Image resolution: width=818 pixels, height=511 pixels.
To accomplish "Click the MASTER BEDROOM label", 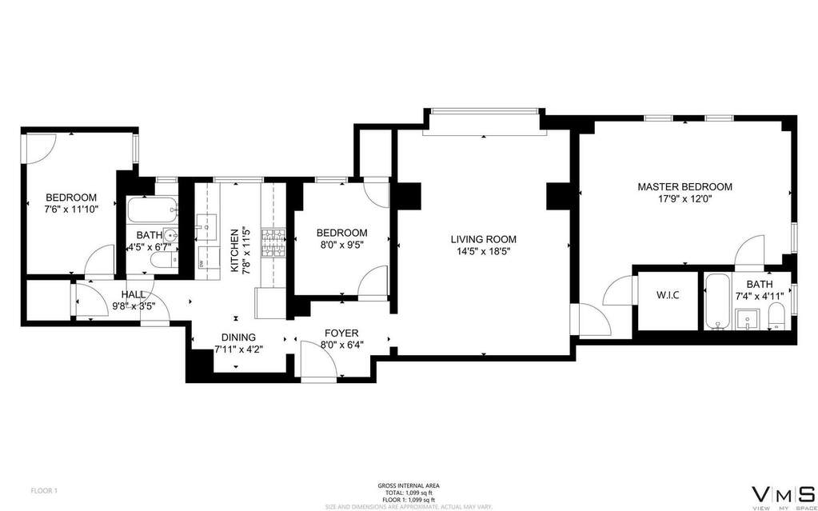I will pos(684,186).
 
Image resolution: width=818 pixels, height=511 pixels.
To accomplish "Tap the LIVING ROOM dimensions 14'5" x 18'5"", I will pos(483,251).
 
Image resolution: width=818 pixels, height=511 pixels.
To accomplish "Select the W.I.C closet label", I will pos(668,296).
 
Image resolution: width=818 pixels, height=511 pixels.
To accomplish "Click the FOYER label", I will pos(341,333).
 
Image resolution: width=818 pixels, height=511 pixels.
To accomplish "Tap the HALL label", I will pos(134,294).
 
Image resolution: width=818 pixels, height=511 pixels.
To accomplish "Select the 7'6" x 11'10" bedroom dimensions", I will pos(71,210).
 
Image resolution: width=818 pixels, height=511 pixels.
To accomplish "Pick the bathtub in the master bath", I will pos(716,302).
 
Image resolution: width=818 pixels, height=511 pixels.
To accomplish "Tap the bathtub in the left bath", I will pos(152,211).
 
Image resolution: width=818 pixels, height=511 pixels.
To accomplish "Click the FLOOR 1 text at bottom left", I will pos(43,489).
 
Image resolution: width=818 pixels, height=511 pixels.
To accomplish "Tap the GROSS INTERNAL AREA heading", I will pos(408,485).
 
